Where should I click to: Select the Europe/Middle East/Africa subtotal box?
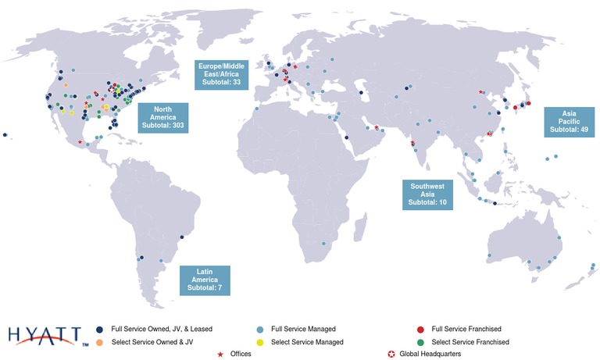(x=222, y=73)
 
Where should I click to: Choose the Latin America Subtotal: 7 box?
(x=204, y=279)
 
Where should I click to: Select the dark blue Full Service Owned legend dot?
(x=99, y=329)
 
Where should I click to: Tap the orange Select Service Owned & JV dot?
(x=99, y=342)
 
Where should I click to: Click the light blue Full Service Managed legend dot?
(x=259, y=329)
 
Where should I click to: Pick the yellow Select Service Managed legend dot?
(x=259, y=342)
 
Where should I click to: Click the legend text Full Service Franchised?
(x=466, y=329)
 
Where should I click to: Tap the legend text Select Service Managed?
(x=307, y=342)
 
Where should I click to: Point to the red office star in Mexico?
(x=80, y=142)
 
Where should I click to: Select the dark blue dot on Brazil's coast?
(x=181, y=237)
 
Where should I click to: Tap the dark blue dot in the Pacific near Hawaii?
(x=5, y=135)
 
